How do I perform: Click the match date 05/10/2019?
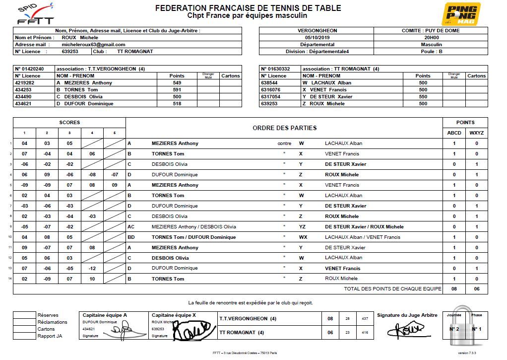point(317,38)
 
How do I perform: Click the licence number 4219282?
point(25,83)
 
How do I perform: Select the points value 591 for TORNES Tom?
point(177,90)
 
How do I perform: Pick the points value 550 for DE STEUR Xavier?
point(423,97)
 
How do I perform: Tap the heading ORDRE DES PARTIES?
point(284,128)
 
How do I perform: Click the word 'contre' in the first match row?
point(284,144)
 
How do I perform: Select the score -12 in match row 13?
point(92,268)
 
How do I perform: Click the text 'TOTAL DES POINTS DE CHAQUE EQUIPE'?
point(392,288)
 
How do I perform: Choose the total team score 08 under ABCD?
point(454,288)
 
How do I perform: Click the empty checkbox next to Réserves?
point(24,315)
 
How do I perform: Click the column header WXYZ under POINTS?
point(476,133)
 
